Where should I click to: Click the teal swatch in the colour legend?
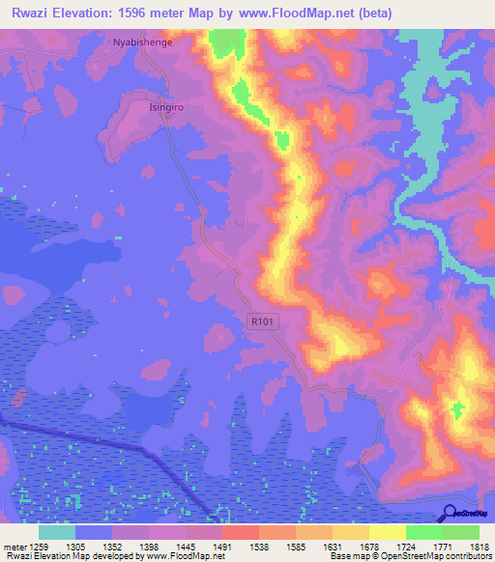click(x=57, y=532)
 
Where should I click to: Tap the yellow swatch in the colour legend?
click(x=387, y=532)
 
